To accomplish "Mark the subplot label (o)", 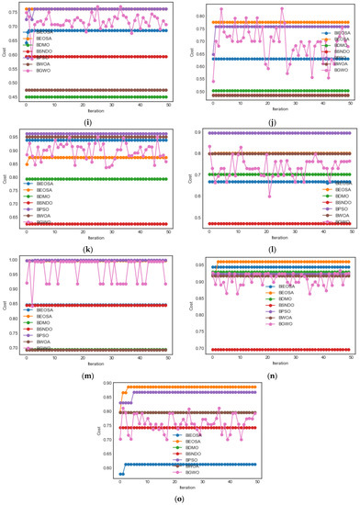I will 180,498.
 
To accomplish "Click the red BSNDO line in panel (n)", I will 276,350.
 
